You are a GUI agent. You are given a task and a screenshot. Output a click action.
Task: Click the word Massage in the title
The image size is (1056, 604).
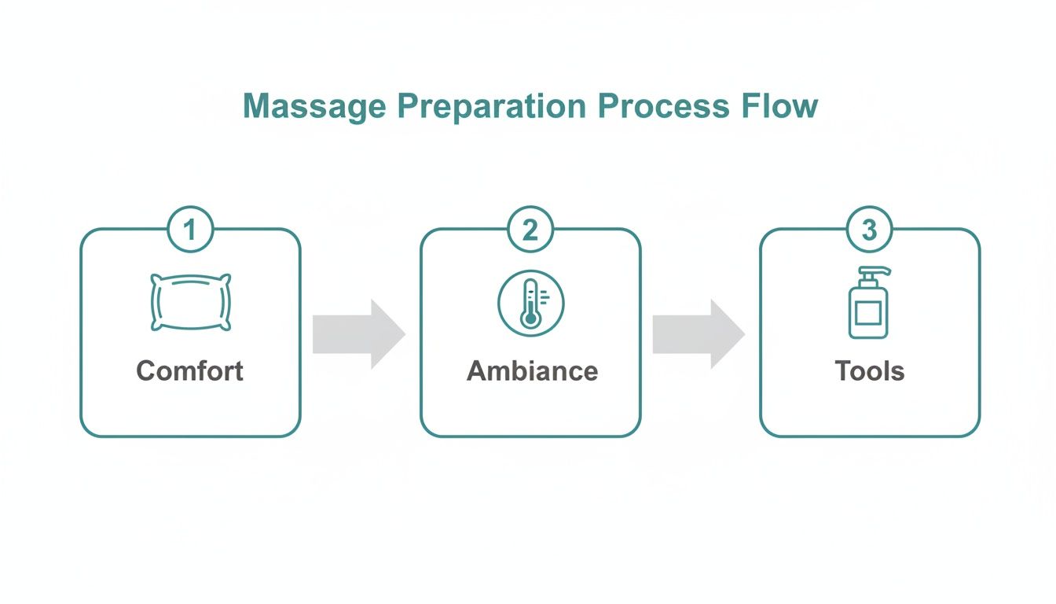[314, 106]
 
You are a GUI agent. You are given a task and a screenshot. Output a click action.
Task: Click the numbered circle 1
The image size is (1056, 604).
[189, 230]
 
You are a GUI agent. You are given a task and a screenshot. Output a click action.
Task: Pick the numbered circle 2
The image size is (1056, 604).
[530, 230]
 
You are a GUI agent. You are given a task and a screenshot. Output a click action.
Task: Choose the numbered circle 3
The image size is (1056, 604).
[869, 230]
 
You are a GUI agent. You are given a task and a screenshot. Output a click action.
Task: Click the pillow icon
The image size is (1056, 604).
[190, 302]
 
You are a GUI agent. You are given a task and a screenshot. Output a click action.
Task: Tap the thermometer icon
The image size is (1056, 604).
[530, 303]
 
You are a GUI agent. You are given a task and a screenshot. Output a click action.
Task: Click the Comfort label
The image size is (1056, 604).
[190, 370]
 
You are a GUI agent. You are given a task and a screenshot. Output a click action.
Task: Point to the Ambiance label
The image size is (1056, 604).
[532, 370]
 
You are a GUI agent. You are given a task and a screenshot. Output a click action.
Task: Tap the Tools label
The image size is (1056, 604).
[869, 370]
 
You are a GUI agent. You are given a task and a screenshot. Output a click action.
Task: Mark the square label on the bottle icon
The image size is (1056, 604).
[867, 314]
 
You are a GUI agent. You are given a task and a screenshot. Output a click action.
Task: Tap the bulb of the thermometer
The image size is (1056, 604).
[530, 319]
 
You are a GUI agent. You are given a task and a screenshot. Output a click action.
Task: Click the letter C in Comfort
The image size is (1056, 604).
[145, 370]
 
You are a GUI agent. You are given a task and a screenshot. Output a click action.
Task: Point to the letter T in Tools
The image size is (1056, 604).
[842, 370]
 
